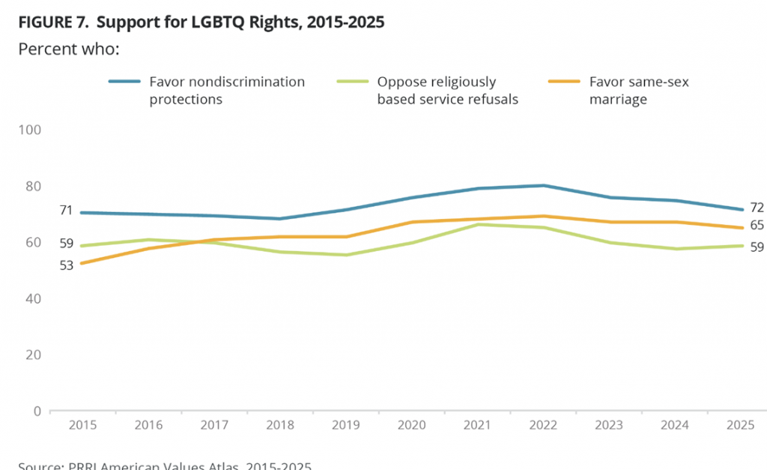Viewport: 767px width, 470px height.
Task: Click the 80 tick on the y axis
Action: (x=32, y=186)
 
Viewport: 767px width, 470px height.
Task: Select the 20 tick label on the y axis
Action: (x=32, y=355)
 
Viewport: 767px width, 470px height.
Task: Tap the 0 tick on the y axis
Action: (x=35, y=411)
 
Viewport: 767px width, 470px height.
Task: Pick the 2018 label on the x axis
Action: (x=279, y=424)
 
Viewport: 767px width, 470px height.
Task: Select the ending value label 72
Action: (x=757, y=208)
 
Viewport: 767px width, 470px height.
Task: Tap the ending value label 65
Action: (x=757, y=226)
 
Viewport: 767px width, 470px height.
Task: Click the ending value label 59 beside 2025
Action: (x=757, y=247)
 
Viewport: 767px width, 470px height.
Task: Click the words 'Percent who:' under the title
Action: (x=68, y=49)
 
